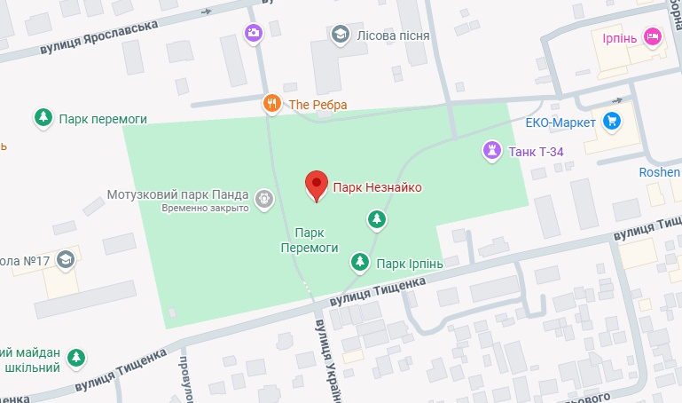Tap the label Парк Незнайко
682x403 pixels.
377,187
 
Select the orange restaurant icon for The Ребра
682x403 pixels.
272,103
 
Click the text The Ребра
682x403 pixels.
318,105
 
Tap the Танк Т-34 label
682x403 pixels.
537,152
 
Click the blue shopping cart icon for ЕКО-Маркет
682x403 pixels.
611,121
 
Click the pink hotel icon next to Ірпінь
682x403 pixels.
654,36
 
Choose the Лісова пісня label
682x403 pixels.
393,36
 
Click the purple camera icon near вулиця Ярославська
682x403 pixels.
255,34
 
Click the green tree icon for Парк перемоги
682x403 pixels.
42,117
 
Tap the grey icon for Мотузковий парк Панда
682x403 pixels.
263,199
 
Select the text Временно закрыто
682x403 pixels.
204,208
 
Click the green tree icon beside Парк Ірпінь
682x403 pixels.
359,262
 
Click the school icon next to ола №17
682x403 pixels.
66,260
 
